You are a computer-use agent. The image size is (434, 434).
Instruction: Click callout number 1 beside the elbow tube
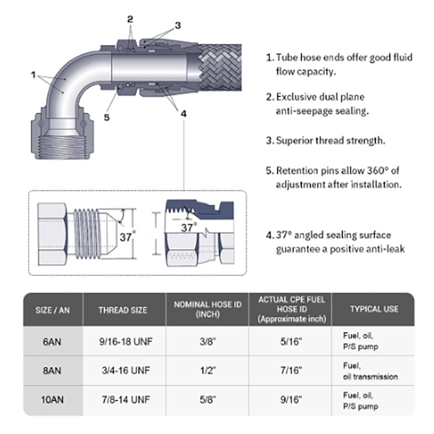(x=34, y=75)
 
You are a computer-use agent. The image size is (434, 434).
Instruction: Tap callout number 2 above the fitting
(x=130, y=20)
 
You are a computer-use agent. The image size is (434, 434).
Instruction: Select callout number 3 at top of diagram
(x=178, y=25)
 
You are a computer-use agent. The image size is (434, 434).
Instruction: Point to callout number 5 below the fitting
(x=107, y=118)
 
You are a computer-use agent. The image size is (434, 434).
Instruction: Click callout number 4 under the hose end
(x=183, y=114)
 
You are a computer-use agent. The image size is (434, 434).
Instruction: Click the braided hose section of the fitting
(x=220, y=67)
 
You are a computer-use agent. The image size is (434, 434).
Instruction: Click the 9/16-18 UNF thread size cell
(x=126, y=342)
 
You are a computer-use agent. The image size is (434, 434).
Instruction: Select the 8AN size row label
(x=52, y=371)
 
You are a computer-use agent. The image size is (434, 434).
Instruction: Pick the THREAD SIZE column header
(x=123, y=310)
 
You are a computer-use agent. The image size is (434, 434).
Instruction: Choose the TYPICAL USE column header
(x=374, y=309)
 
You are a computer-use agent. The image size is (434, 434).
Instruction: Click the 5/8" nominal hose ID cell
(x=208, y=400)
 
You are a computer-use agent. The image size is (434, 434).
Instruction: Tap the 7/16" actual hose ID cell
(x=291, y=371)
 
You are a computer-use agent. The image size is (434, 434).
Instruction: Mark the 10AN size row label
(x=52, y=400)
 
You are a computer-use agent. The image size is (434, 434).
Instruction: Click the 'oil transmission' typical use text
(x=371, y=376)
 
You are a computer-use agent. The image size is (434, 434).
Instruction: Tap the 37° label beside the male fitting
(x=127, y=237)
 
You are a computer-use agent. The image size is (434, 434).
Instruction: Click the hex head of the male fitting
(x=53, y=234)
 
